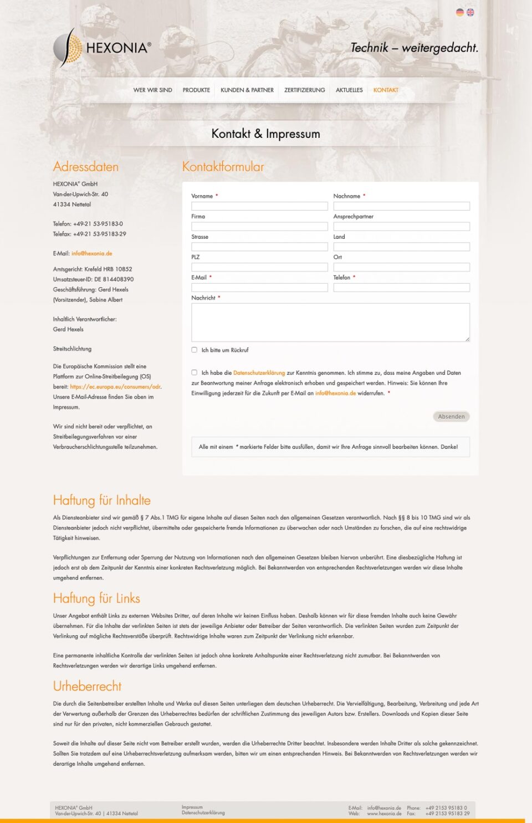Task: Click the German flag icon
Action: pyautogui.click(x=459, y=12)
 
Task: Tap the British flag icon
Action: pyautogui.click(x=470, y=12)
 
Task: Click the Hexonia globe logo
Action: pyautogui.click(x=68, y=48)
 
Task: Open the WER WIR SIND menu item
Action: pyautogui.click(x=152, y=90)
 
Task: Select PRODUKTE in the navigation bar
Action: pyautogui.click(x=196, y=90)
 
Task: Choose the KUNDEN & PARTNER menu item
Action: pyautogui.click(x=247, y=90)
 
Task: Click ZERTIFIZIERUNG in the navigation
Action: pyautogui.click(x=305, y=90)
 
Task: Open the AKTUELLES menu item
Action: pyautogui.click(x=349, y=90)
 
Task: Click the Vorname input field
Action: pyautogui.click(x=259, y=206)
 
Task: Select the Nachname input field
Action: pyautogui.click(x=401, y=206)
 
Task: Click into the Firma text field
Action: pyautogui.click(x=259, y=227)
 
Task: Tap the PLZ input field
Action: pyautogui.click(x=259, y=267)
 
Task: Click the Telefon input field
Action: pyautogui.click(x=401, y=288)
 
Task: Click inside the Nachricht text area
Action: pyautogui.click(x=330, y=322)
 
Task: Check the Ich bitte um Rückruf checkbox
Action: pyautogui.click(x=195, y=350)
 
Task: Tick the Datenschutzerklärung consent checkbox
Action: pyautogui.click(x=195, y=372)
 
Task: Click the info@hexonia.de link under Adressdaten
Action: pyautogui.click(x=91, y=253)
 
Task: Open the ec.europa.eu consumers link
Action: pyautogui.click(x=115, y=387)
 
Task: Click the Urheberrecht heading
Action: pyautogui.click(x=87, y=686)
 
